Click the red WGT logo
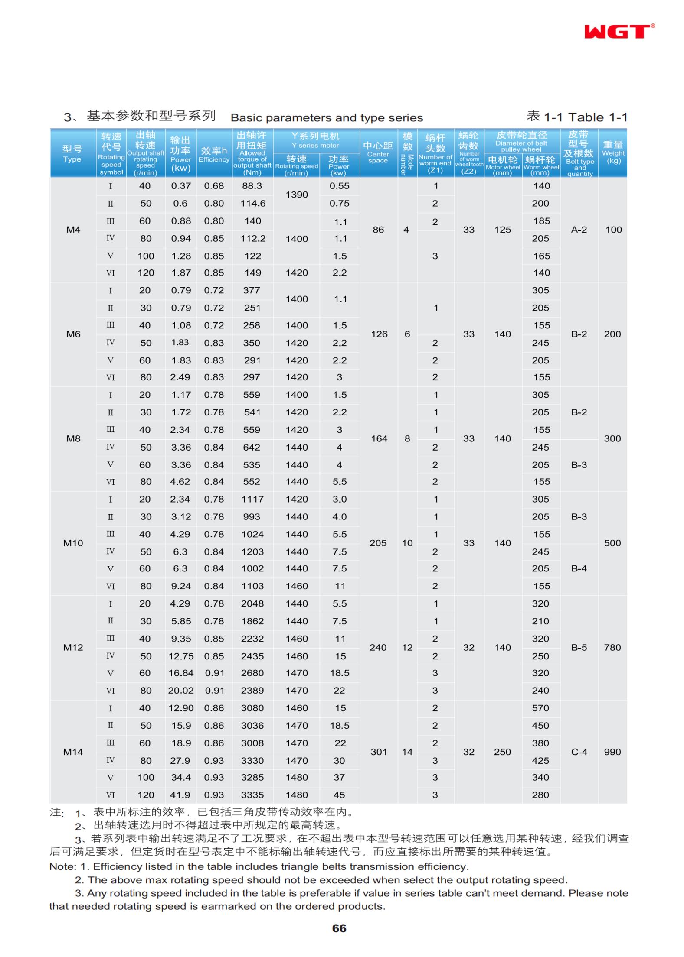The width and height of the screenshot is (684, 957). [x=618, y=32]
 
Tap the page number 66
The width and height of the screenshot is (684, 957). [x=339, y=928]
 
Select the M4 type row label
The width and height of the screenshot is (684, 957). [x=73, y=230]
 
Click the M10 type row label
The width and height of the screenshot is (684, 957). [x=73, y=543]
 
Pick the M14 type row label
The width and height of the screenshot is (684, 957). [x=73, y=752]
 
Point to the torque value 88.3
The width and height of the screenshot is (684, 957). [x=252, y=186]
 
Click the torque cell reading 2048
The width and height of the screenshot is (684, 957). [x=252, y=603]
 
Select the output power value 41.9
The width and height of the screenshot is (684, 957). [x=181, y=795]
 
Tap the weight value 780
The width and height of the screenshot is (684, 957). [x=612, y=647]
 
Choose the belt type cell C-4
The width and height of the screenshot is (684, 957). [x=579, y=752]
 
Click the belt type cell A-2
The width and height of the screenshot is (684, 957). [x=579, y=230]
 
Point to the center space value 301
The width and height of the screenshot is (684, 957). [x=379, y=752]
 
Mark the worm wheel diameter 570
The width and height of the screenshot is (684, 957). [x=541, y=708]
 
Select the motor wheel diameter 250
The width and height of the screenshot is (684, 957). [x=502, y=752]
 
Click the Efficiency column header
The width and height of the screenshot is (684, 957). [x=214, y=154]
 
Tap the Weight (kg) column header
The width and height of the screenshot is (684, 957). [x=613, y=152]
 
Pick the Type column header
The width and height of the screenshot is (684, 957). [x=72, y=153]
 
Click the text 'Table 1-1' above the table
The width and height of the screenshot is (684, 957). [x=598, y=117]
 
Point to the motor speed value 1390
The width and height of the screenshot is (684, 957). [x=297, y=195]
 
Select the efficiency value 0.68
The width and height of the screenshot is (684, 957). [x=214, y=186]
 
